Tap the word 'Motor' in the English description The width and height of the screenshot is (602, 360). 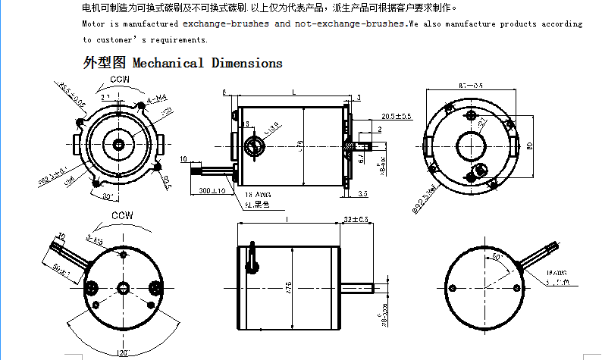(x=95, y=24)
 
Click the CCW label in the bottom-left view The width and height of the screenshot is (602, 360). (x=122, y=215)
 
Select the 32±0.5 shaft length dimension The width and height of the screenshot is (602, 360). (x=356, y=219)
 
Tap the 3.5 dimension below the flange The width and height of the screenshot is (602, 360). (x=362, y=195)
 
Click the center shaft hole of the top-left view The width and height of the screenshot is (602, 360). (x=120, y=143)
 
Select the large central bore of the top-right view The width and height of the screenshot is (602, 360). (x=472, y=143)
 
